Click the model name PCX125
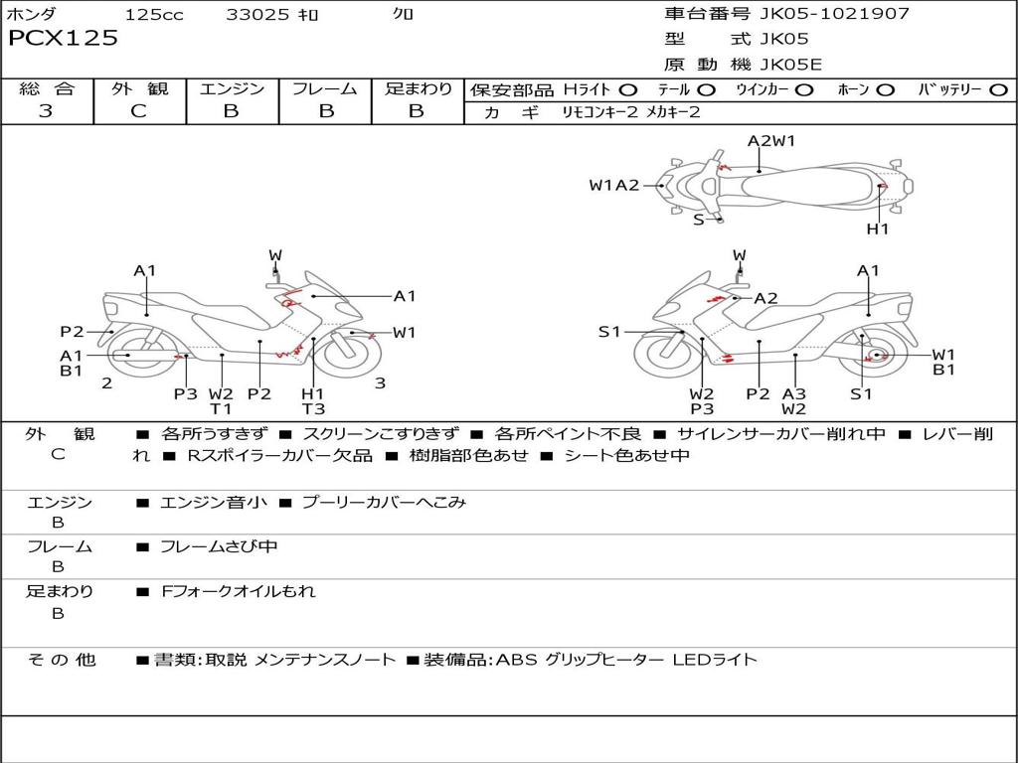click(x=63, y=38)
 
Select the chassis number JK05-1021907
click(x=834, y=13)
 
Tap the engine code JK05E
click(x=790, y=65)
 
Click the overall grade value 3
click(x=46, y=110)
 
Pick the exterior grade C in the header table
click(x=138, y=111)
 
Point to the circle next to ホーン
click(x=885, y=90)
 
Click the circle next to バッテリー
click(x=998, y=90)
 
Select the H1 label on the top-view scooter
click(x=877, y=229)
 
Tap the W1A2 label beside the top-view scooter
click(x=613, y=185)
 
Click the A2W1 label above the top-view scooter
click(x=770, y=141)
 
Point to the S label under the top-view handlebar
click(x=698, y=220)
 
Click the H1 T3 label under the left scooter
click(x=313, y=401)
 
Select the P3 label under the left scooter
click(x=185, y=393)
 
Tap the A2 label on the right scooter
click(x=765, y=298)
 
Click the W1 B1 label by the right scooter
click(x=943, y=362)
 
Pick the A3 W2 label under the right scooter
click(x=793, y=401)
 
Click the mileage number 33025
click(x=257, y=14)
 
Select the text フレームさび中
click(x=219, y=546)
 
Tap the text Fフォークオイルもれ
click(x=239, y=591)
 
